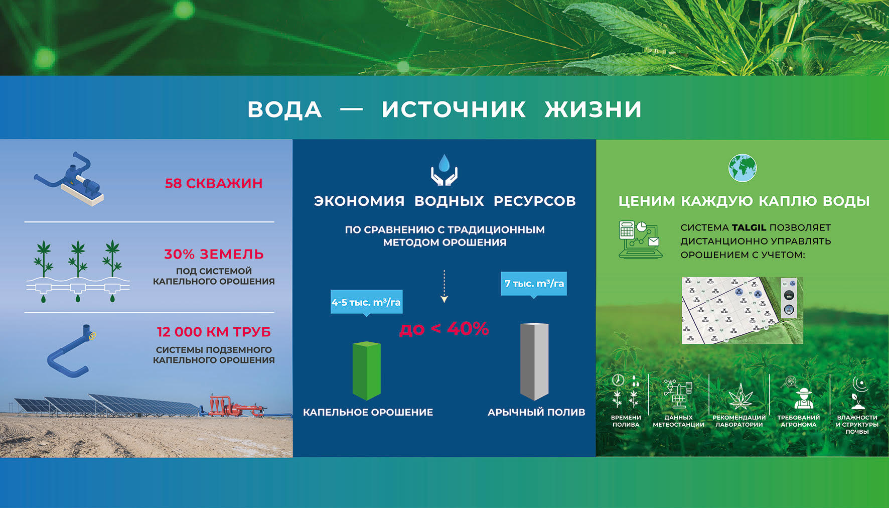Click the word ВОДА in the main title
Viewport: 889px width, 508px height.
[x=284, y=109]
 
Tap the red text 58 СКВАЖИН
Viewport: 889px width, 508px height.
[x=214, y=183]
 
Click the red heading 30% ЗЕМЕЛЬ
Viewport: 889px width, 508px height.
[x=214, y=254]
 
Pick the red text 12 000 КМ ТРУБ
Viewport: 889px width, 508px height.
[x=214, y=332]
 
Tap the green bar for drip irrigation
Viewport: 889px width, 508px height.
[x=367, y=370]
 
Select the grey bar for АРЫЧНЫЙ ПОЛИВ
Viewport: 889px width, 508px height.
[x=534, y=361]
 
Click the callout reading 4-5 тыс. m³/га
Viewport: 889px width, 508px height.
[x=366, y=302]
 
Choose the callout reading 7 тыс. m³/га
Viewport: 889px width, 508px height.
[x=534, y=284]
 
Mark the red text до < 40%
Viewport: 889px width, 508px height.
[x=444, y=329]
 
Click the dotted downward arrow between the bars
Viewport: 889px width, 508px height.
[x=444, y=286]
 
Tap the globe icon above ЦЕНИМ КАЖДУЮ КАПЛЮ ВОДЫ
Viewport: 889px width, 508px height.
[x=743, y=168]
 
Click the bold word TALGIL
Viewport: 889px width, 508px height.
[x=749, y=227]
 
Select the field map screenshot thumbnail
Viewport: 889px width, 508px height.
[x=743, y=310]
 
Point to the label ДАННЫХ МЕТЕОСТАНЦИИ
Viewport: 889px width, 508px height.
[x=678, y=421]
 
